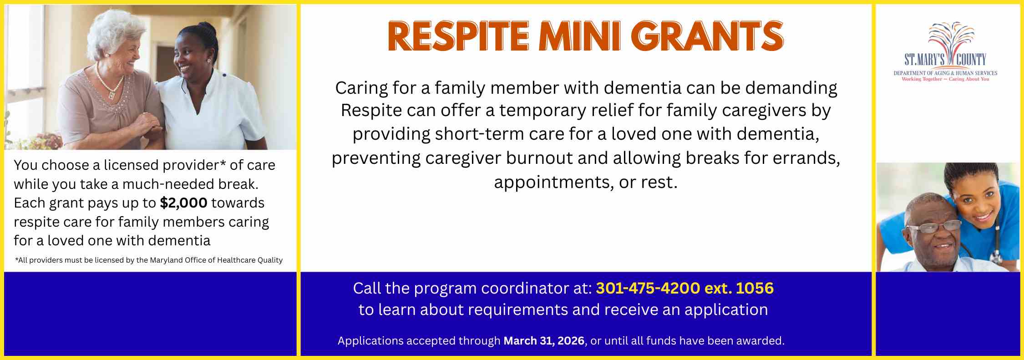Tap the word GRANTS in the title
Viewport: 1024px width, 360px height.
pos(707,36)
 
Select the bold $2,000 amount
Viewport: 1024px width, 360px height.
pos(183,203)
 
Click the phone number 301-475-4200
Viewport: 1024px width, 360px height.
pos(648,288)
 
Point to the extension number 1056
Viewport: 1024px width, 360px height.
pos(755,288)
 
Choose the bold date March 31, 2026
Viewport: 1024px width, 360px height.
pos(543,341)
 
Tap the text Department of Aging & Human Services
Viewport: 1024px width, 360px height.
pos(945,73)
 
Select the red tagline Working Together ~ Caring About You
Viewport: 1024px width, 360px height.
pos(945,79)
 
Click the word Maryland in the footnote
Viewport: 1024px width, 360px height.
pos(166,260)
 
